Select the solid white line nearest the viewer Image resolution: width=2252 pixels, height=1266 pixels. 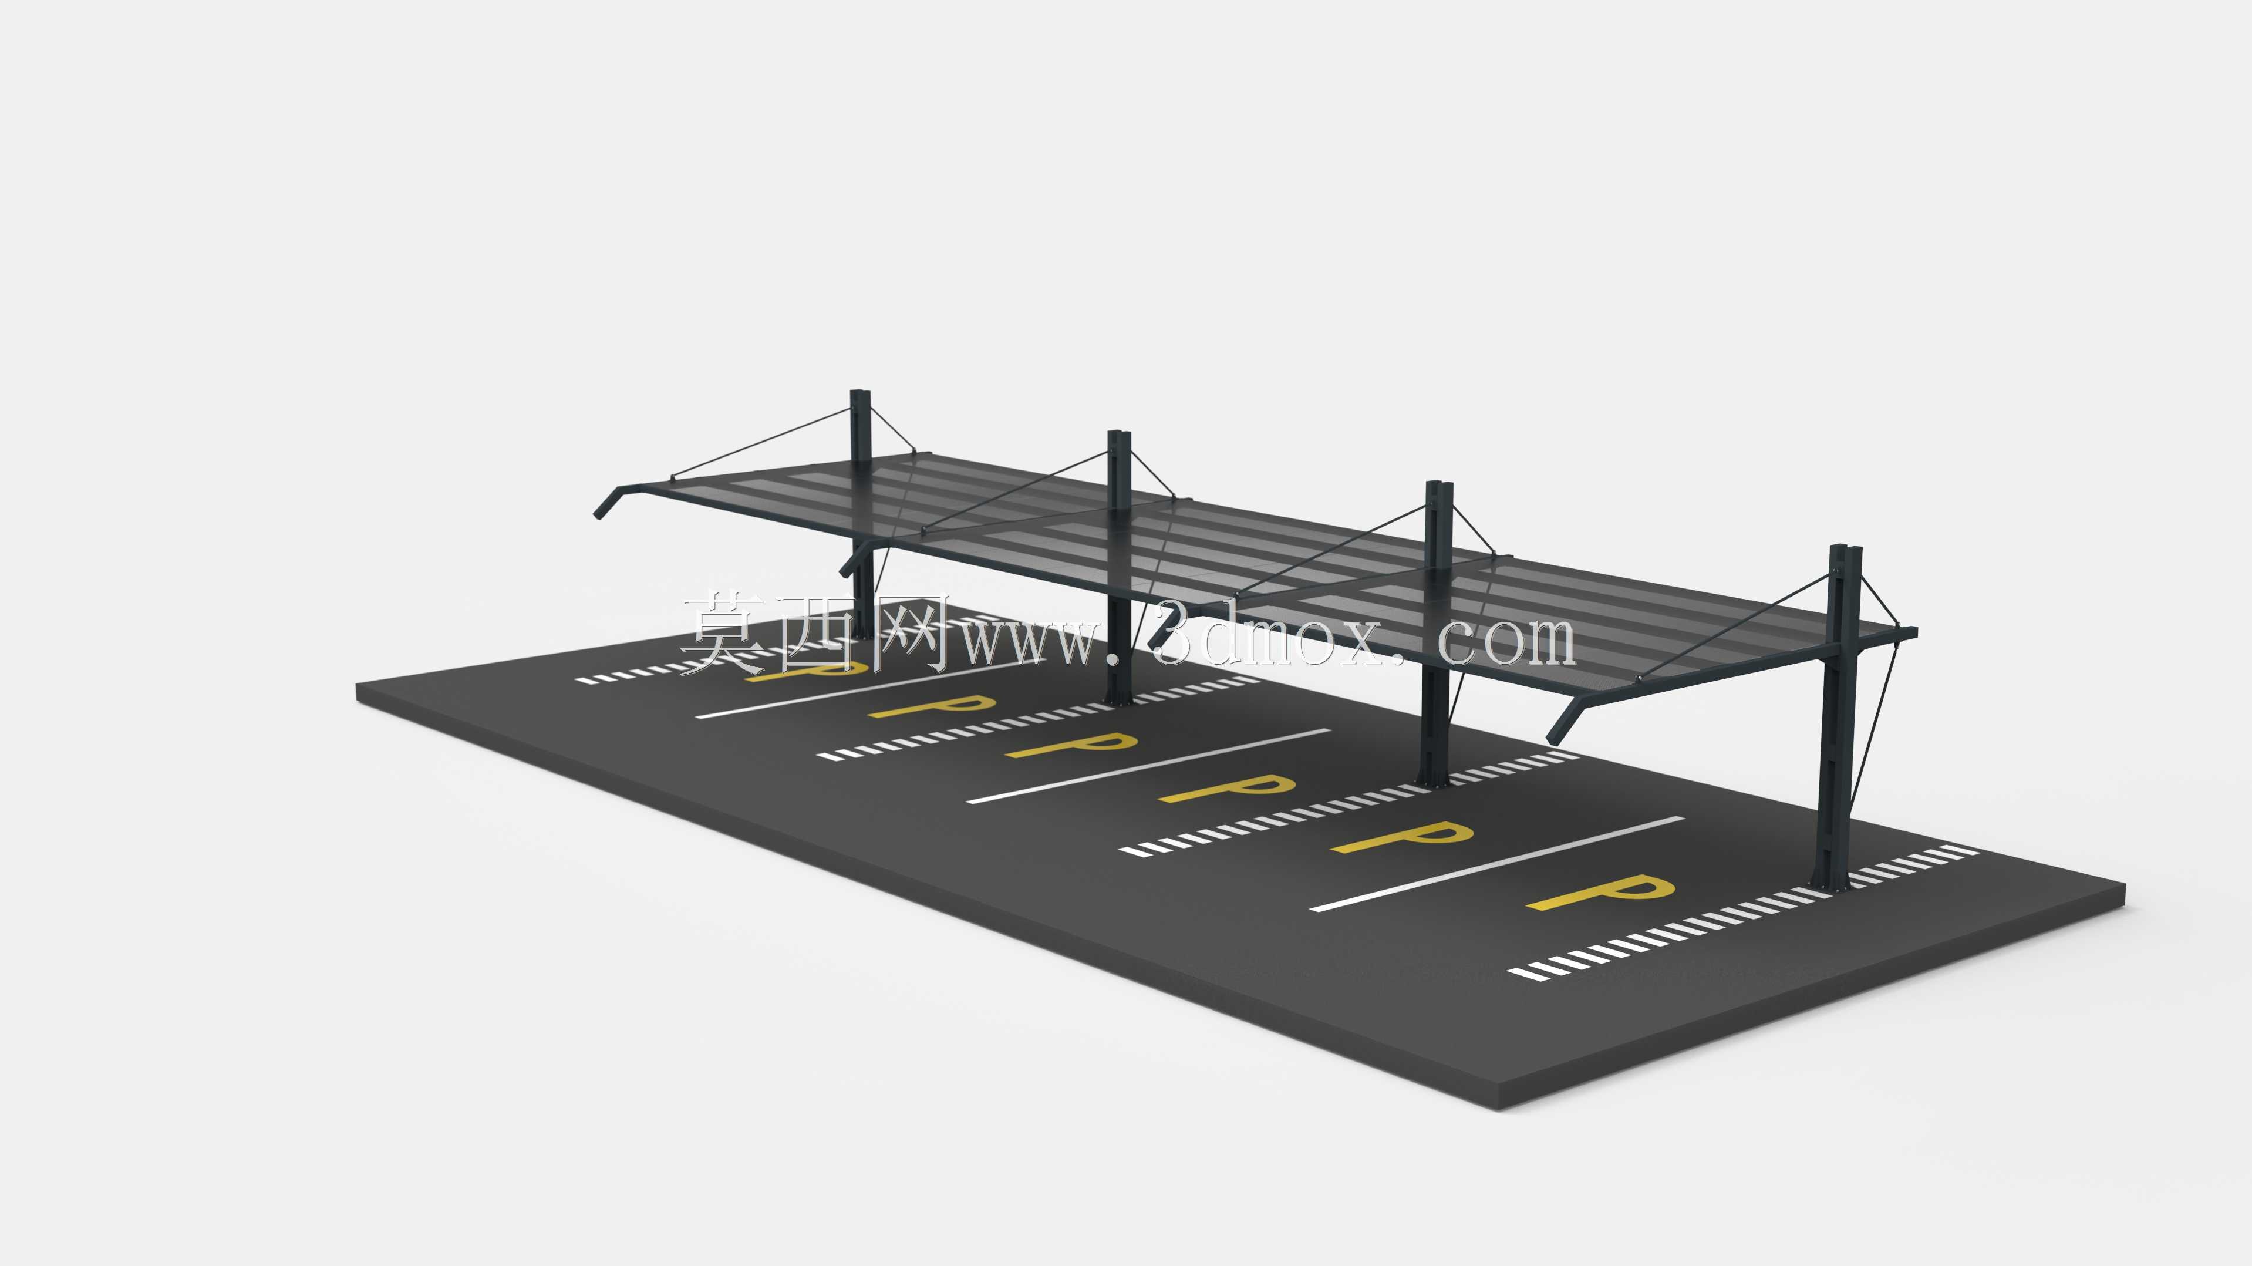point(1496,864)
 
